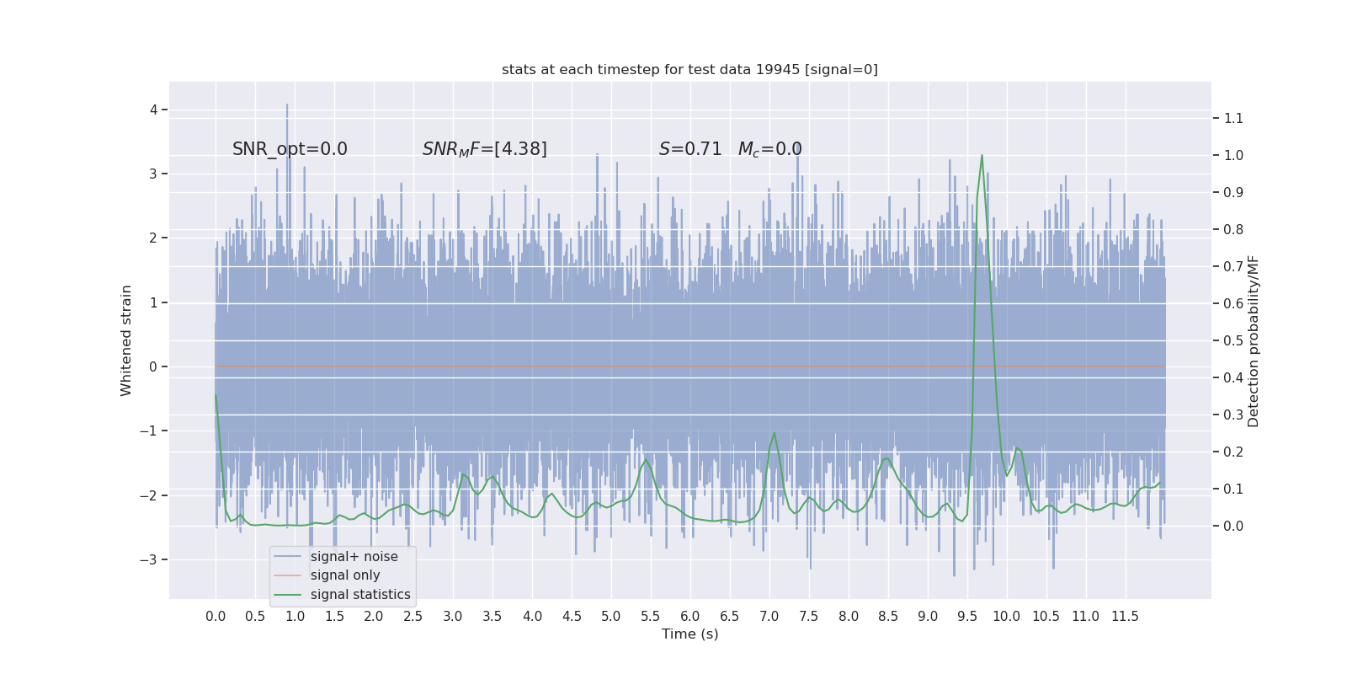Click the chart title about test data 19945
(689, 70)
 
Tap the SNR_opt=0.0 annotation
(290, 149)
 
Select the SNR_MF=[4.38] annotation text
(484, 149)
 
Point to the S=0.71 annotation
(690, 149)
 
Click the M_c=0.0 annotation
(769, 149)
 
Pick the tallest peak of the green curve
(982, 155)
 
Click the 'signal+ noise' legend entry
(354, 557)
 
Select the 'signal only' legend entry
(345, 575)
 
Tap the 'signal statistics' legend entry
(360, 595)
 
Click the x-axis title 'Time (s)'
(689, 634)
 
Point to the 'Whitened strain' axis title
(126, 340)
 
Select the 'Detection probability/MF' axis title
(1254, 340)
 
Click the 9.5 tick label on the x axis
(967, 617)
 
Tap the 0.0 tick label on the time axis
(216, 617)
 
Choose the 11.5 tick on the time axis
(1125, 617)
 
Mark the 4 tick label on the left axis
(154, 110)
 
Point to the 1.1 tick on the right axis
(1233, 118)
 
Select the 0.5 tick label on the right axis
(1233, 340)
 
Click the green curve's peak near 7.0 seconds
(774, 434)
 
